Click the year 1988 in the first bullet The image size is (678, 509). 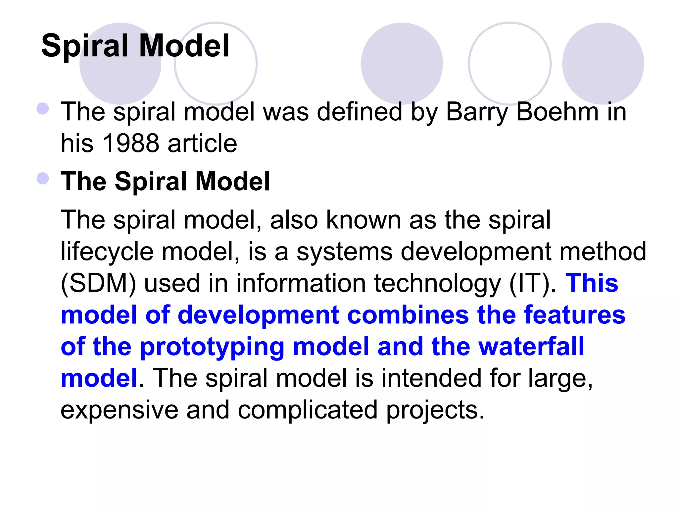pos(130,143)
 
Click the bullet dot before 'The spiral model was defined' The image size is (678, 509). pos(43,108)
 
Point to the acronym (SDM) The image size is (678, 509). pos(98,283)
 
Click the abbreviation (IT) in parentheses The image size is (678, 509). pos(529,283)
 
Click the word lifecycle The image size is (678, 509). pos(107,252)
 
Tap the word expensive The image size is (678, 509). pos(119,410)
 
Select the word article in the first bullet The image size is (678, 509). pos(202,143)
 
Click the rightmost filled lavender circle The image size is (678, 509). pos(603,63)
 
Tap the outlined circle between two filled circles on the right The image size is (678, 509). pos(509,63)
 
